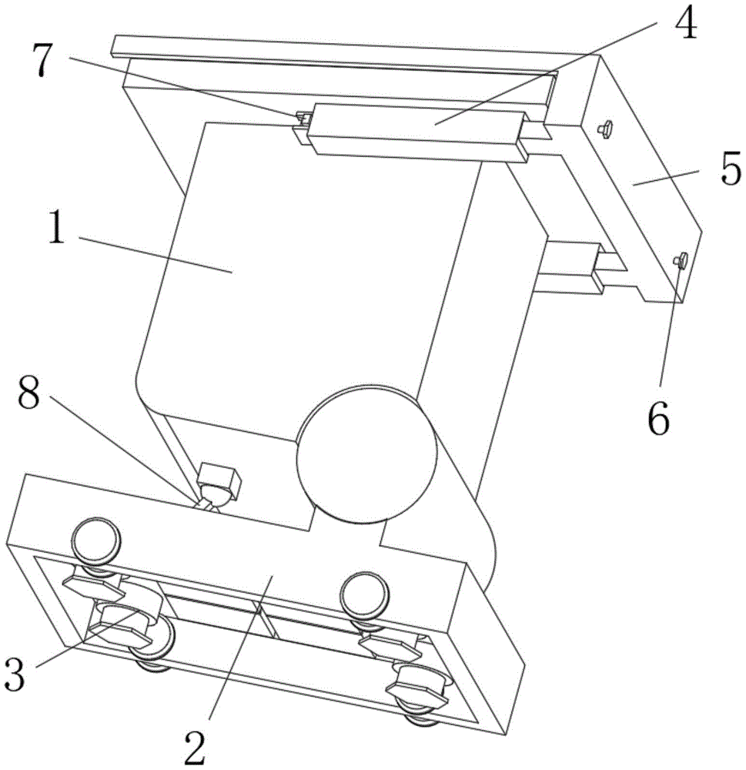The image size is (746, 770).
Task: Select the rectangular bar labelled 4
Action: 416,128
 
